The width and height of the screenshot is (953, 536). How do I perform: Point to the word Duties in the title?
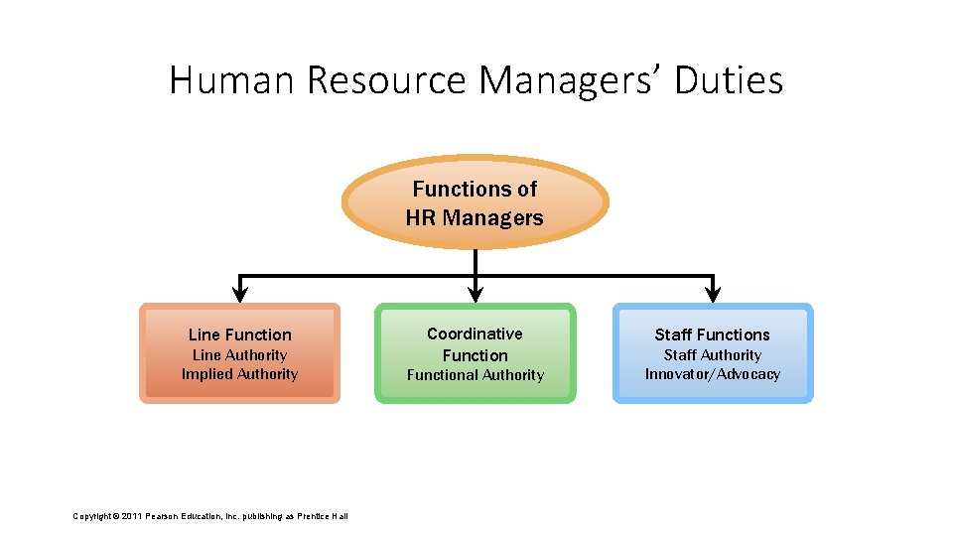coord(729,79)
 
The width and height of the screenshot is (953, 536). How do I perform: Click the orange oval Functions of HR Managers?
coord(475,202)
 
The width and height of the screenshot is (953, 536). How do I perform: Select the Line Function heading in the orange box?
coord(239,335)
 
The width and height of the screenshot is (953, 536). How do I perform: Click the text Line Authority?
coord(239,355)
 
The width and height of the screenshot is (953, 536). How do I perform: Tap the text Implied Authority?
coord(239,374)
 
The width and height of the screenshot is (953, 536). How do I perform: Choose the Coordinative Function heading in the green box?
coord(475,344)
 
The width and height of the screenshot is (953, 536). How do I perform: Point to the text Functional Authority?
coord(476,375)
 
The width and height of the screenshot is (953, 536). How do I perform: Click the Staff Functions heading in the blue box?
coord(712,335)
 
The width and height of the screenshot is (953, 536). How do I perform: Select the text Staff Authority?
coord(712,355)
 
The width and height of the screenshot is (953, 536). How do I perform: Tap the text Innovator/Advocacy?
coord(712,374)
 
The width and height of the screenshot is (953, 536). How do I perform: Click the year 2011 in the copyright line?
coord(132,515)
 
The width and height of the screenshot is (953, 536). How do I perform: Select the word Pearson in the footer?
coord(164,515)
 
